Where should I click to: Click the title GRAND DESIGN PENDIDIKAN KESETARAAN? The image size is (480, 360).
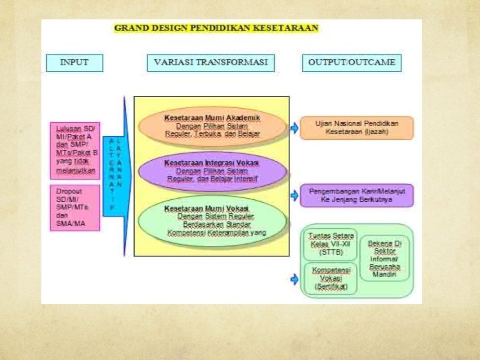(216, 28)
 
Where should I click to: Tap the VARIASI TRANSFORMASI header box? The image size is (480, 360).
(211, 63)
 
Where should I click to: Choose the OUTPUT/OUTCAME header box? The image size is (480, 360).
(351, 63)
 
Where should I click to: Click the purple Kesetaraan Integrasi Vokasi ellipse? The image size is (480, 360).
(212, 171)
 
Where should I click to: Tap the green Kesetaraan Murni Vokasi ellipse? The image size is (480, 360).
(212, 219)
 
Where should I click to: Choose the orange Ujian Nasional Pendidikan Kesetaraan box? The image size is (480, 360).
(357, 128)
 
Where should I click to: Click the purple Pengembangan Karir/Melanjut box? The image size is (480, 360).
(357, 195)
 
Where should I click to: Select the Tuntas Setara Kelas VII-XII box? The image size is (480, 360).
(331, 244)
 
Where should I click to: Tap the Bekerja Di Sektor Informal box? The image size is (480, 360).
(385, 258)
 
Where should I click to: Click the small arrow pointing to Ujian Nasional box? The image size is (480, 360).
(294, 127)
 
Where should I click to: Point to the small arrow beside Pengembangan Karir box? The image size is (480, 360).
(294, 195)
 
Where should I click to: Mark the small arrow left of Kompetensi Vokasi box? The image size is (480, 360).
(294, 279)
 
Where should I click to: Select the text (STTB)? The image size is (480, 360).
(331, 253)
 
